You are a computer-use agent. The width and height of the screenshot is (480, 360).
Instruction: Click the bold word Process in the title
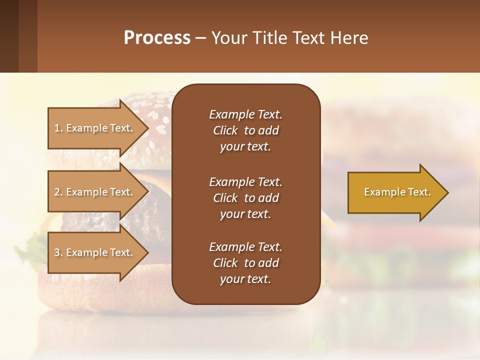pyautogui.click(x=157, y=38)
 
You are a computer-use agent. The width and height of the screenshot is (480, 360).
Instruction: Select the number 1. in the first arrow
pyautogui.click(x=58, y=128)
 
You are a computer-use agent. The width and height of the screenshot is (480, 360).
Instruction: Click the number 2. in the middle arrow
pyautogui.click(x=58, y=192)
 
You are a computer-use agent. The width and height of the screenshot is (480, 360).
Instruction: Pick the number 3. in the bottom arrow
pyautogui.click(x=58, y=252)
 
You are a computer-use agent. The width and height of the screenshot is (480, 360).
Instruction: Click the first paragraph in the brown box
pyautogui.click(x=245, y=130)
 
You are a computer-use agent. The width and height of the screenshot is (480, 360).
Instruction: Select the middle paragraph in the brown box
pyautogui.click(x=245, y=198)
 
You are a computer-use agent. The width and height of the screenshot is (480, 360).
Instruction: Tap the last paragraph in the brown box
pyautogui.click(x=245, y=263)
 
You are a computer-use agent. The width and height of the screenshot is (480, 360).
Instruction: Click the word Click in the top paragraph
pyautogui.click(x=225, y=130)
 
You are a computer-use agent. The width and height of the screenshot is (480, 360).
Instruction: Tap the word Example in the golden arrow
pyautogui.click(x=381, y=192)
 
